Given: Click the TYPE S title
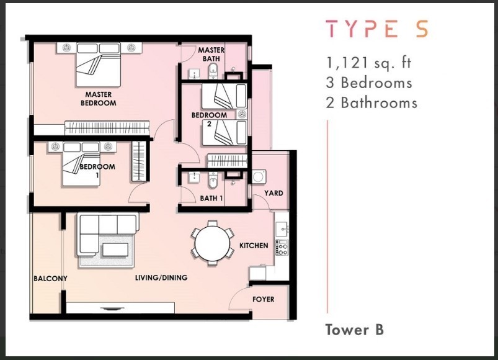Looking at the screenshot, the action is click(x=377, y=29).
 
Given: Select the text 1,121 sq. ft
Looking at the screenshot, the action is click(x=368, y=62).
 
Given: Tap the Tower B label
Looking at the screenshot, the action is click(x=355, y=330).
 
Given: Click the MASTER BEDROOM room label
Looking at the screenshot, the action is click(x=99, y=99).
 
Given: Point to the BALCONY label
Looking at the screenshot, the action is click(x=50, y=278).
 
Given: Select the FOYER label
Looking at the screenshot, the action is click(x=264, y=299).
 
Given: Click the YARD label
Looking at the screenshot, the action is click(x=273, y=193).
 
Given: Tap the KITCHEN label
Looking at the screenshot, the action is click(x=254, y=246).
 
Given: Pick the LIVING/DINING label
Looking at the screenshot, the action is click(x=161, y=277).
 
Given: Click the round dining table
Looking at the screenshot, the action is click(x=212, y=243).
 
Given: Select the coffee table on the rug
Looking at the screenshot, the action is click(x=115, y=250).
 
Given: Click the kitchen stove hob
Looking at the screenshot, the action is click(x=282, y=248).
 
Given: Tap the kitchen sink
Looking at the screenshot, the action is click(x=282, y=228).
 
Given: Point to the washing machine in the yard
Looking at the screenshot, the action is click(x=259, y=177).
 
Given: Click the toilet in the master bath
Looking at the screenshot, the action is click(x=213, y=71).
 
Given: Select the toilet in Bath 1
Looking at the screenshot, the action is click(x=213, y=181).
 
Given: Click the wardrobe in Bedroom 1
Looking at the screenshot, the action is click(x=139, y=161).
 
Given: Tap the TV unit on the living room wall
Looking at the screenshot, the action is click(x=120, y=308).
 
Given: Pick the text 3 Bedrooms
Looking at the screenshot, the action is click(x=369, y=83).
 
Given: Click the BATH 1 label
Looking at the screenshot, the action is click(x=211, y=198).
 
